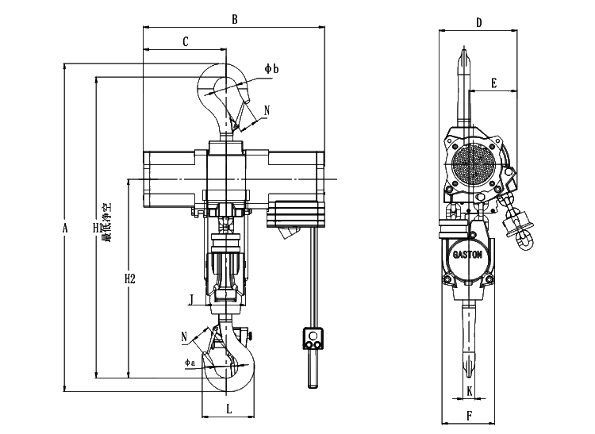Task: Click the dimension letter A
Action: (66, 229)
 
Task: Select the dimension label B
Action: (233, 19)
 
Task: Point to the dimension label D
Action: (479, 23)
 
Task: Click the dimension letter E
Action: (493, 83)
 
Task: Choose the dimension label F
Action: (470, 414)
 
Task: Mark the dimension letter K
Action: (470, 390)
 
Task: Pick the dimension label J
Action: (191, 299)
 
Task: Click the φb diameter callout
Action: (271, 70)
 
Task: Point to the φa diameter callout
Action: (190, 363)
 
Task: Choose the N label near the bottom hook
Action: (184, 336)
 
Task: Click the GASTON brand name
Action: (470, 255)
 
